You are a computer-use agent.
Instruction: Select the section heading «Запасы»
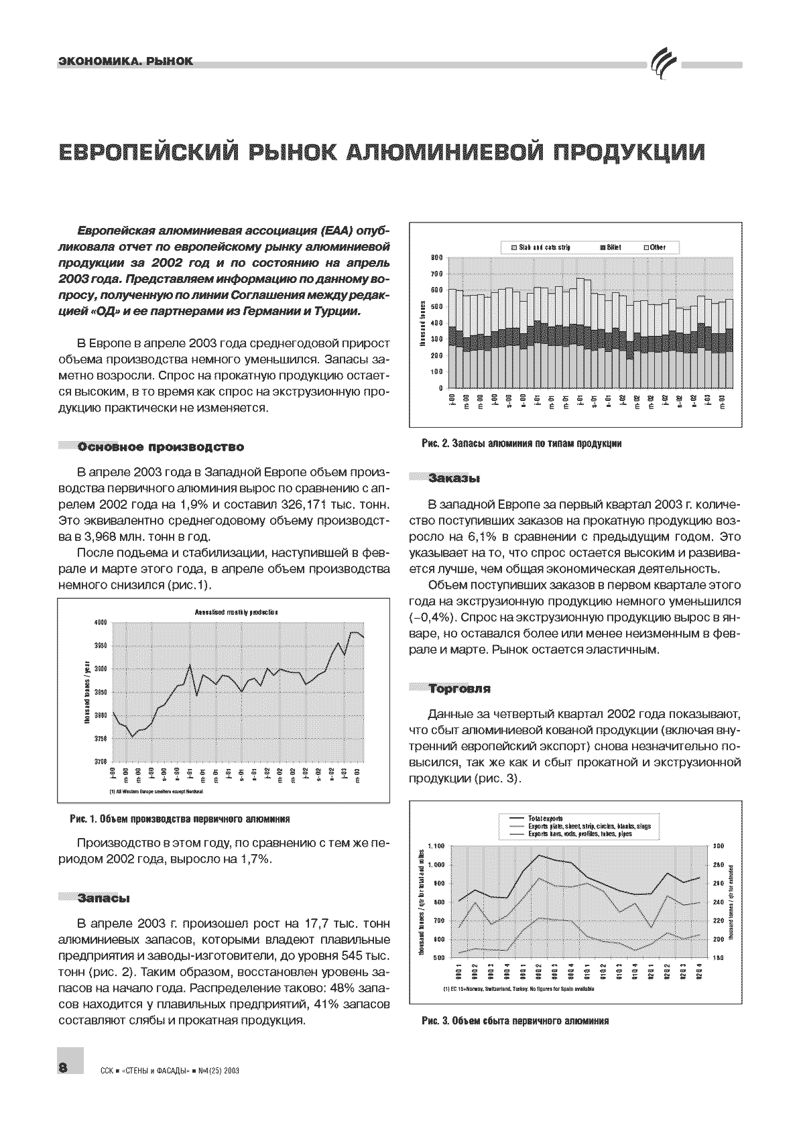(103, 897)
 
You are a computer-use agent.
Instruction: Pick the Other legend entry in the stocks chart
(656, 247)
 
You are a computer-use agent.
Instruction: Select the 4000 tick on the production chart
(101, 623)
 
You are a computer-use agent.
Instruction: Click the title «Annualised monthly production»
(236, 612)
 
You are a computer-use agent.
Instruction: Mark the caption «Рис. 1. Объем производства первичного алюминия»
(180, 819)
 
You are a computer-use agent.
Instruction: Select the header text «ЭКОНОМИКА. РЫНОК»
(125, 62)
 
